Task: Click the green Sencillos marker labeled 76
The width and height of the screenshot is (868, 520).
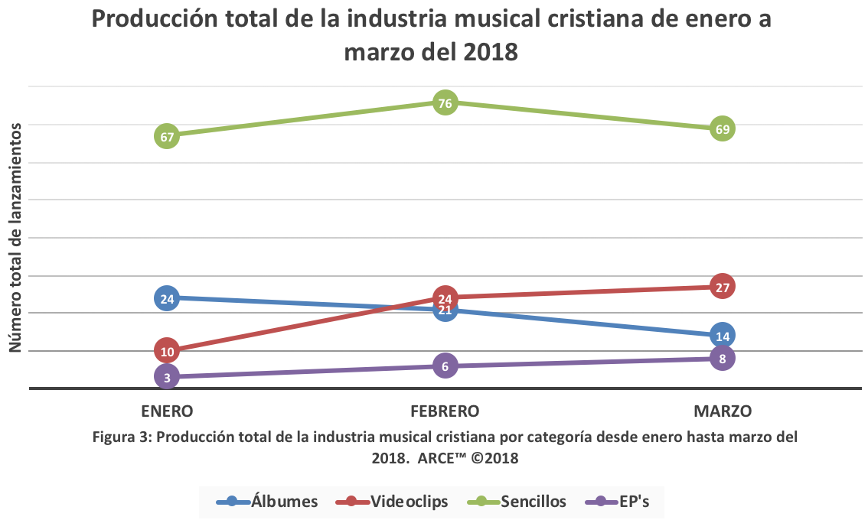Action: [x=445, y=102]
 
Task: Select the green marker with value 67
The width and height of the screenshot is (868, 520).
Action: [x=167, y=136]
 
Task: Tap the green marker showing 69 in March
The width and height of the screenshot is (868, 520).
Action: [x=722, y=128]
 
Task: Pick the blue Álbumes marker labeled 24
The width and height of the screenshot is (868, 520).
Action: [x=167, y=297]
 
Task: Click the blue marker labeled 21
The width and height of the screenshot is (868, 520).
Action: [x=445, y=310]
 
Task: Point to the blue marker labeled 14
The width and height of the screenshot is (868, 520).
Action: [x=722, y=335]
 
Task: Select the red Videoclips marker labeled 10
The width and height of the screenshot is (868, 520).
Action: [x=167, y=351]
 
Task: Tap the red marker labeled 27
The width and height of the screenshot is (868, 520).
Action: [x=722, y=286]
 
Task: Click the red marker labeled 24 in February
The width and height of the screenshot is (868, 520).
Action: [x=445, y=297]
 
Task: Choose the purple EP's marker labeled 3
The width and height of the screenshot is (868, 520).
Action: [x=167, y=376]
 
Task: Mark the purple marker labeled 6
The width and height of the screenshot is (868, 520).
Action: [x=445, y=366]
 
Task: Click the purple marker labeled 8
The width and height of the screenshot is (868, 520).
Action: [x=722, y=358]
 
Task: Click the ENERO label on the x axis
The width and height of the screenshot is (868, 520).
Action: [x=167, y=411]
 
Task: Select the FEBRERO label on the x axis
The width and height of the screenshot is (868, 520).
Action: [x=445, y=411]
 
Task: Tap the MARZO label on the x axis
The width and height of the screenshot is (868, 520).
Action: [x=723, y=411]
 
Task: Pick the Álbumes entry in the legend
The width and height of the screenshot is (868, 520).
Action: [x=267, y=502]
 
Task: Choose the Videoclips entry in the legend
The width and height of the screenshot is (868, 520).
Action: [x=391, y=502]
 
